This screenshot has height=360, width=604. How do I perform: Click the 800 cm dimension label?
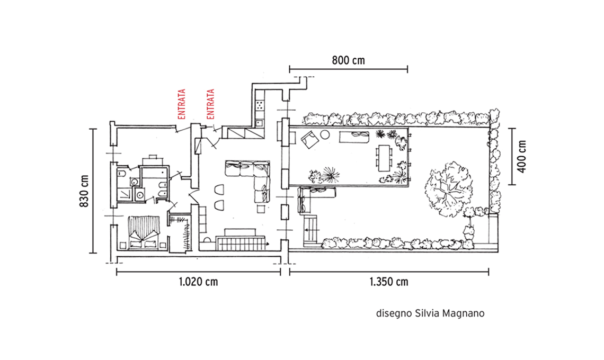coord(348,60)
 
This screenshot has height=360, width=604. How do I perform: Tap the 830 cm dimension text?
coord(84,191)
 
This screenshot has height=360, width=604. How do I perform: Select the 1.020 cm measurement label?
coord(198,282)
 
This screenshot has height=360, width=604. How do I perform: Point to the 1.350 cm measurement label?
coord(389,282)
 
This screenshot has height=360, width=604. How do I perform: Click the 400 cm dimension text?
coord(521,156)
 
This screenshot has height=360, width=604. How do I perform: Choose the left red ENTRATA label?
coord(181,104)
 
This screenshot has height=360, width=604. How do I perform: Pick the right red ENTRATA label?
coord(210,104)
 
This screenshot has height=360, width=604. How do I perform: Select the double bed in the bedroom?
coord(144,232)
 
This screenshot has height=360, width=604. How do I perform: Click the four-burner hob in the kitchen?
coord(260,104)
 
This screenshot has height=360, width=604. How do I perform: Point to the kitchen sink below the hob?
coord(259,123)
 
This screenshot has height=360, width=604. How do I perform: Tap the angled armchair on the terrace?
coord(309,139)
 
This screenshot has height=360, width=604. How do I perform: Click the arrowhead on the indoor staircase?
coord(267,244)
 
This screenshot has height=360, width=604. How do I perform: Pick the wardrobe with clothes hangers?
coord(180,233)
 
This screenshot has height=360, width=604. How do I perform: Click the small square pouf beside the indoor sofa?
coord(261,208)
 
